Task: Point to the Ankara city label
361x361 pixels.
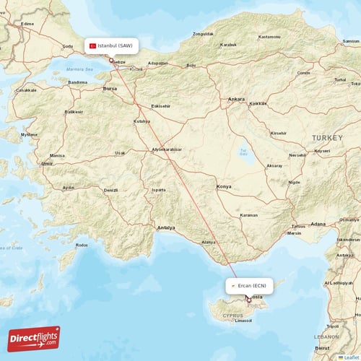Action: click(236, 99)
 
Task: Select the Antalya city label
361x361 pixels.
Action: click(166, 228)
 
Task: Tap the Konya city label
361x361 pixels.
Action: click(224, 187)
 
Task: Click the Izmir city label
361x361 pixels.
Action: click(48, 164)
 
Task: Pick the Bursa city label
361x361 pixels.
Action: click(110, 89)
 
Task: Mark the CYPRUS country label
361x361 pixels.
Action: click(233, 316)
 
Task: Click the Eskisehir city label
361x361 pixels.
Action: click(160, 106)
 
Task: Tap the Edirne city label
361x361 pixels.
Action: click(28, 24)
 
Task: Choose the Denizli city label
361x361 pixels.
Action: click(110, 191)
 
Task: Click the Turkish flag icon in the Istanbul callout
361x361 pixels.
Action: click(92, 45)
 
